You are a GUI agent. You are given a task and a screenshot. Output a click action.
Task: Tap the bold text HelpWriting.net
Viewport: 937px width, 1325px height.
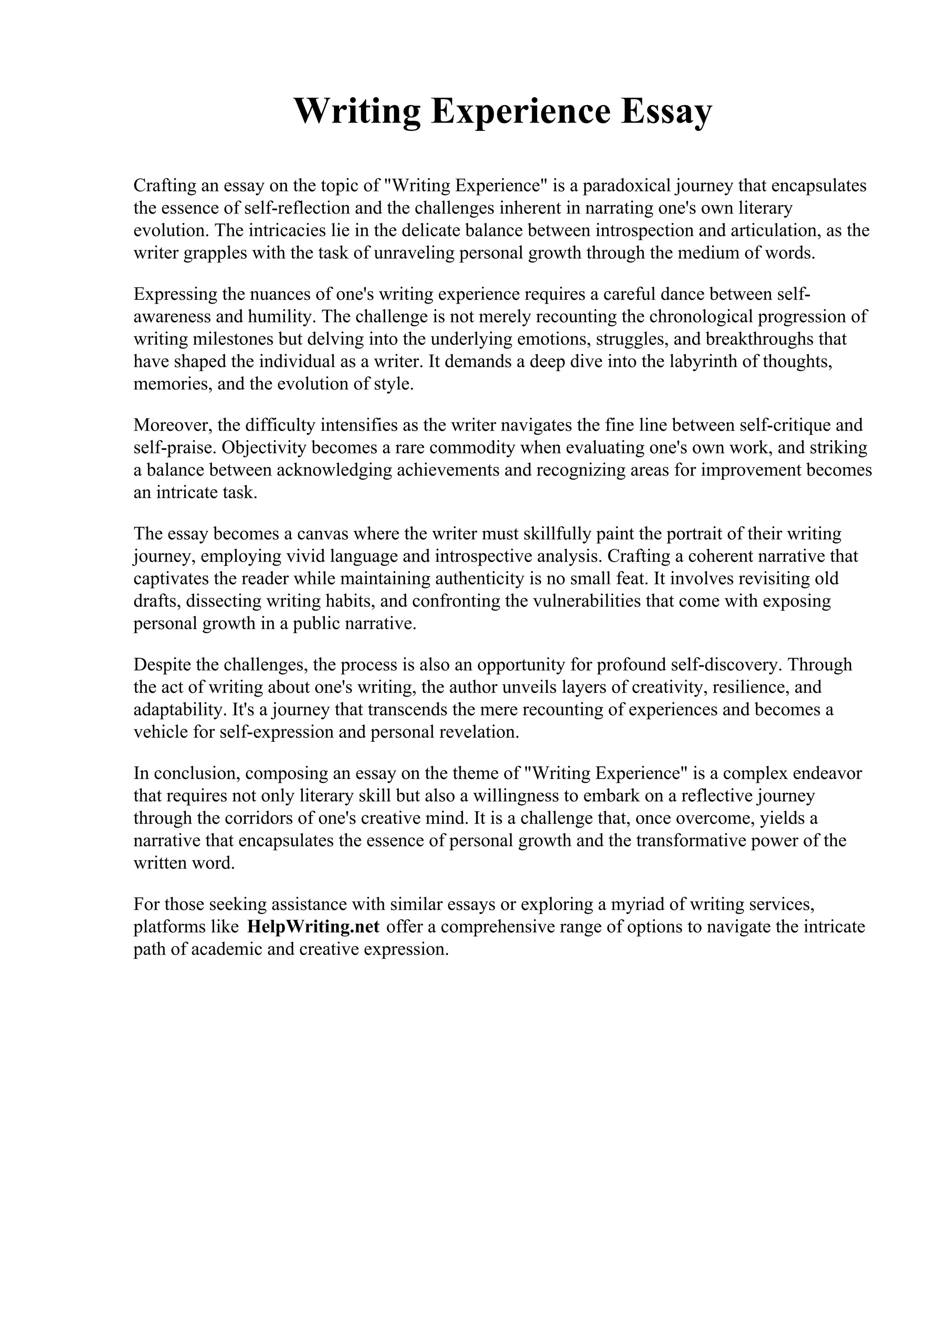coord(313,926)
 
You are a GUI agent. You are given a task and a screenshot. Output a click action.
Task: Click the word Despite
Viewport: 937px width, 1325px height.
coord(162,664)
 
